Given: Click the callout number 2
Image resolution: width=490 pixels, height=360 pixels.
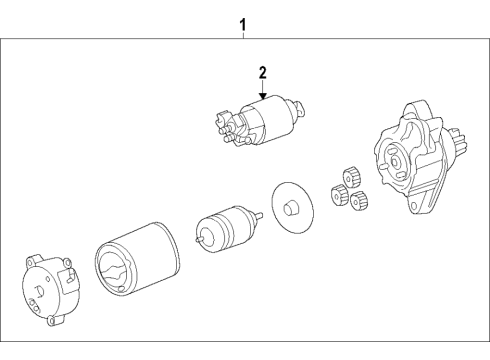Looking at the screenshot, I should (262, 72).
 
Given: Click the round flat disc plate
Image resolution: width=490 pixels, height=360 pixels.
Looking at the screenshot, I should (291, 208).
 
